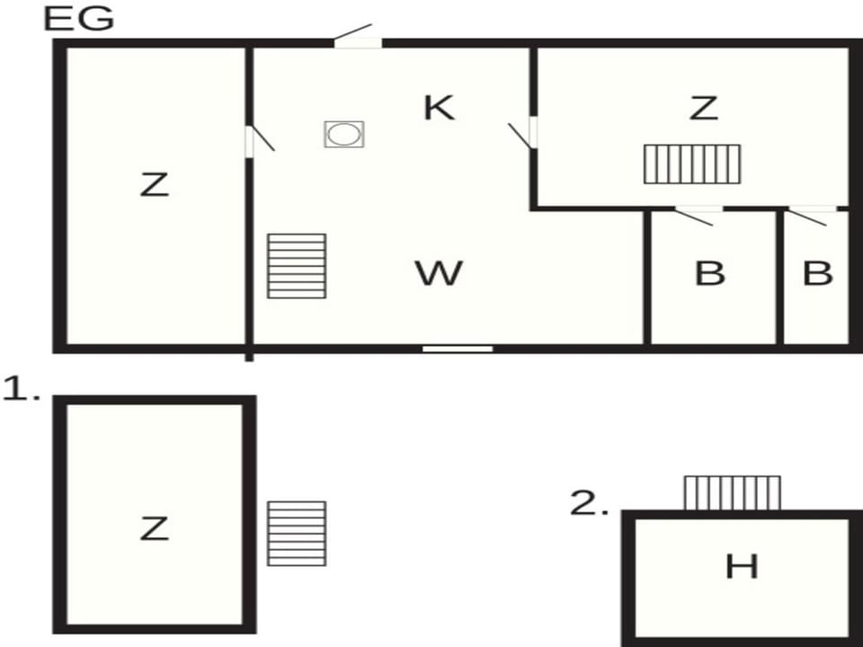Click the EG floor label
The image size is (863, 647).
[x=79, y=18]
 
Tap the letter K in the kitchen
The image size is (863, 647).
[x=440, y=107]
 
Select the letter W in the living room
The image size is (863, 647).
[x=439, y=273]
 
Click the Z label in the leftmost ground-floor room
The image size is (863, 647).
[x=154, y=184]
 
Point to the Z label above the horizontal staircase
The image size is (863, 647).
[x=704, y=108]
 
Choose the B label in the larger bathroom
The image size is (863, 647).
[x=710, y=273]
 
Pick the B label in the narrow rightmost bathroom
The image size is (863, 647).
[x=818, y=273]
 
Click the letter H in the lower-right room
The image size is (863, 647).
[x=742, y=566]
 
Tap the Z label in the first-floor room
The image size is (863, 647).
[x=154, y=528]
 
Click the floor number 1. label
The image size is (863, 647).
[x=21, y=389]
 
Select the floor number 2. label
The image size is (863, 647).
[x=589, y=503]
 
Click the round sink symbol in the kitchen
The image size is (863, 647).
[x=344, y=134]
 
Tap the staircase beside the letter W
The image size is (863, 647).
[x=297, y=266]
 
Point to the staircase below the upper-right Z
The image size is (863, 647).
[x=692, y=164]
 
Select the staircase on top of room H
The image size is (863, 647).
[x=733, y=493]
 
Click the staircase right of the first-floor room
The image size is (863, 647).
[x=297, y=534]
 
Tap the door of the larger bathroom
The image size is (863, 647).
[x=696, y=215]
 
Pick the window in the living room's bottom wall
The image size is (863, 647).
[x=458, y=349]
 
